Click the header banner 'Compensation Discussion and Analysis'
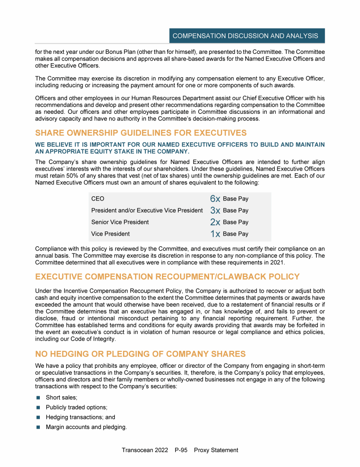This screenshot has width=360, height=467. pos(245,36)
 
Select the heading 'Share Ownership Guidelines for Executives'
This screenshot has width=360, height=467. pos(141,133)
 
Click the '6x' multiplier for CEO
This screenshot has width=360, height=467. pos(215,199)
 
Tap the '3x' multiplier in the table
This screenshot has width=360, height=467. pos(215,211)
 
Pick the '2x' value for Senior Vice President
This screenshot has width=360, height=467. pos(215,222)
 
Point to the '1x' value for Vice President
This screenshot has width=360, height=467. pos(215,234)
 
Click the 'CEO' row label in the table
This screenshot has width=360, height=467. pos(98,199)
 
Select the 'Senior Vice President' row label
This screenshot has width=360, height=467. pos(120,222)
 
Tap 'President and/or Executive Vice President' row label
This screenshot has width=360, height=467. pos(147,211)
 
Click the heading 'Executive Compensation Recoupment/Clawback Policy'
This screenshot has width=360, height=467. pos(167,276)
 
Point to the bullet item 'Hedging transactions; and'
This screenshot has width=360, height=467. pos(80,417)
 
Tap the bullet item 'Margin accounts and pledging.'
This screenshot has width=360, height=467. pos(86,427)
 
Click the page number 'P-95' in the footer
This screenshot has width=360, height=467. pos(181,450)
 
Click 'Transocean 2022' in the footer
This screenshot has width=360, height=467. pos(144,450)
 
